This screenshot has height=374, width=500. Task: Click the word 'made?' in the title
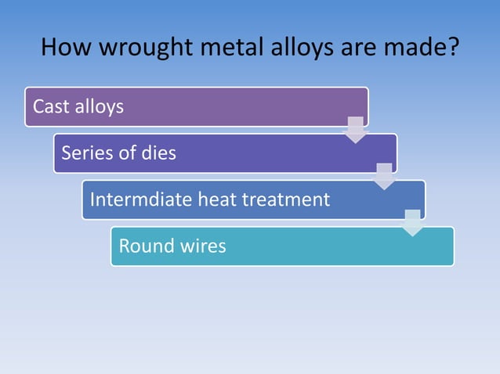(415, 49)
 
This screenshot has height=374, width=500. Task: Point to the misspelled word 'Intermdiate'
(140, 200)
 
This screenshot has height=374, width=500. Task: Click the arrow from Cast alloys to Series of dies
(356, 130)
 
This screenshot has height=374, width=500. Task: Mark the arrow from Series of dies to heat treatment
(384, 177)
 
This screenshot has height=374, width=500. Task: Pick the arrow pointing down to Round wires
(413, 223)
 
